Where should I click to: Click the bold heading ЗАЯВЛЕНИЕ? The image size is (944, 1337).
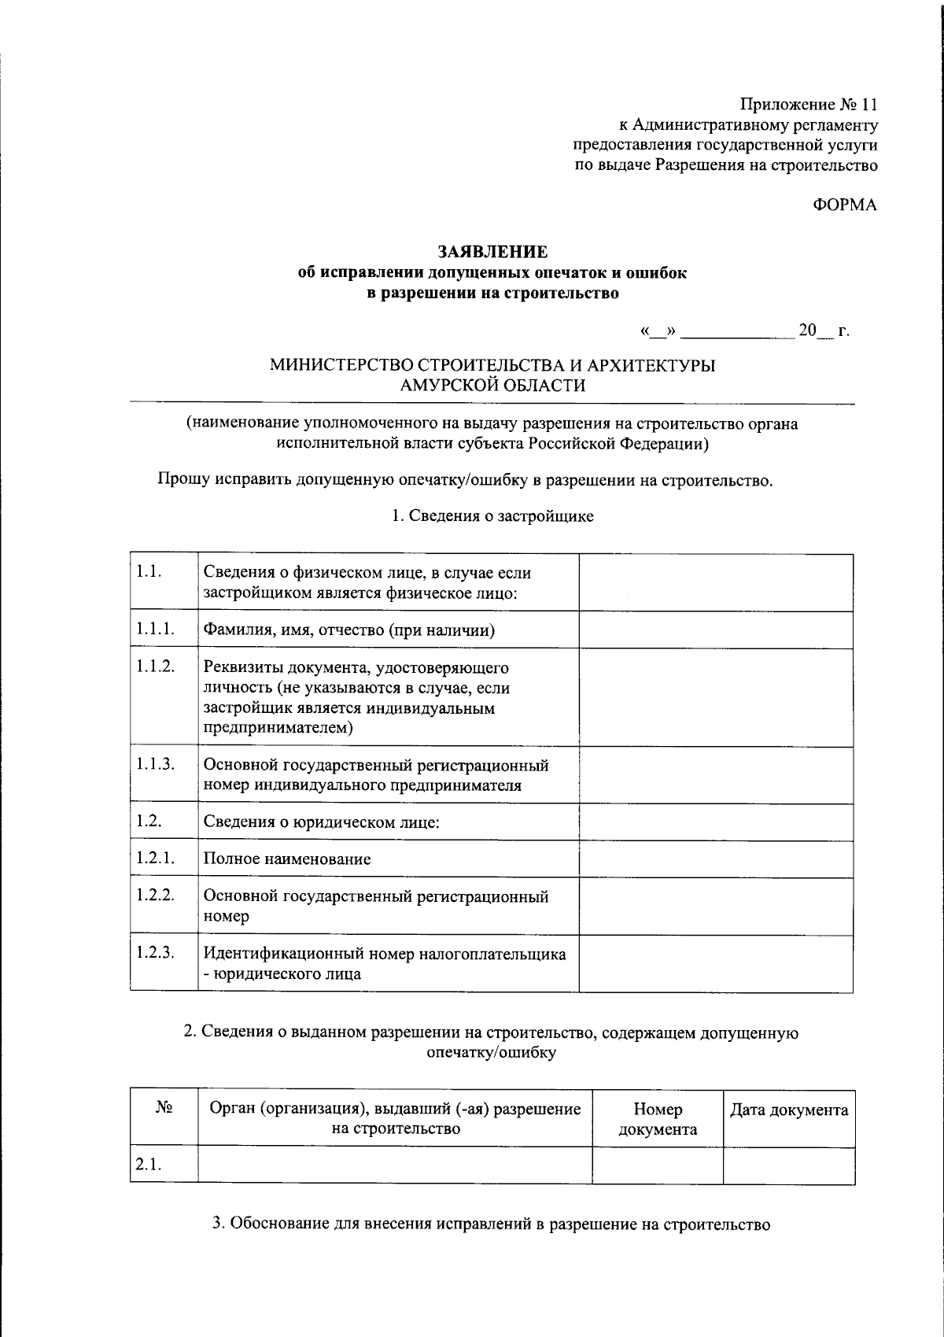tap(492, 252)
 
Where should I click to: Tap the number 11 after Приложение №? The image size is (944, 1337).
tap(868, 105)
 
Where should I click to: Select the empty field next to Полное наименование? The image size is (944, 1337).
tap(716, 859)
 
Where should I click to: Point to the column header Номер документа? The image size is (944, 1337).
tap(658, 1119)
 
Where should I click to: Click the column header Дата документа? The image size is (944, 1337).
tap(789, 1110)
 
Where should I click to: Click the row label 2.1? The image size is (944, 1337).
tap(148, 1165)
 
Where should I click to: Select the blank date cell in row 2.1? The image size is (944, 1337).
tap(789, 1165)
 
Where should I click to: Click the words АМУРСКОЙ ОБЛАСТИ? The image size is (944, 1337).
tap(492, 386)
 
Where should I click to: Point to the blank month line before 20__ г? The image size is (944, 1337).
tap(737, 331)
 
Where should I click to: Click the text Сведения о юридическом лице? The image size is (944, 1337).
tap(321, 822)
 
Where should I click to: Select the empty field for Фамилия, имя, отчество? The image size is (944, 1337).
tap(716, 630)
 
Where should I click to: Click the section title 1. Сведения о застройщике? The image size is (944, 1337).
tap(492, 516)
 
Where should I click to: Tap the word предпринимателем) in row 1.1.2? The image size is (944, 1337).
tap(278, 728)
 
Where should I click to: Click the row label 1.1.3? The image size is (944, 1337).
tap(155, 763)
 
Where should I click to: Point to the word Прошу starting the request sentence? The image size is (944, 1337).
tap(182, 480)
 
